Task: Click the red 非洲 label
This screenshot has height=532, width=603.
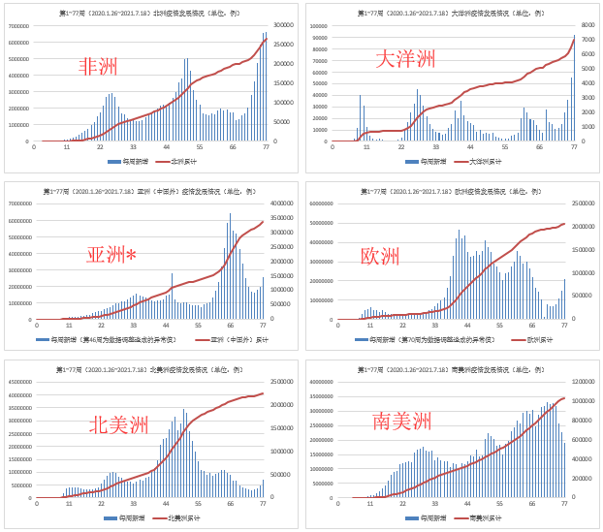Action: pos(98,66)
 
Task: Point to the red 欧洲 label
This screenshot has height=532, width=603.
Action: pos(380,256)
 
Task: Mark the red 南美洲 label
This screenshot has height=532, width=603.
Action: pos(401,421)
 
